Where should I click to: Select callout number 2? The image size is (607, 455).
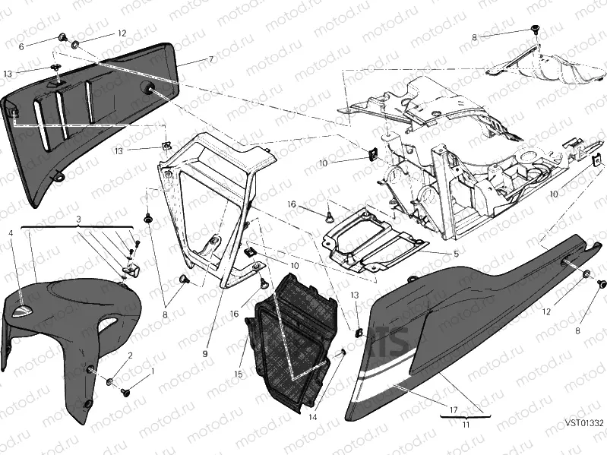130,355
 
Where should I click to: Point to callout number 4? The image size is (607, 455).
11,233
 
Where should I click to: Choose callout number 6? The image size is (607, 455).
21,46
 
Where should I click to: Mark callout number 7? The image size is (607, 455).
210,58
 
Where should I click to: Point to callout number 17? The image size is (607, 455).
453,410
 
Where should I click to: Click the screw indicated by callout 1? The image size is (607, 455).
126,393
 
